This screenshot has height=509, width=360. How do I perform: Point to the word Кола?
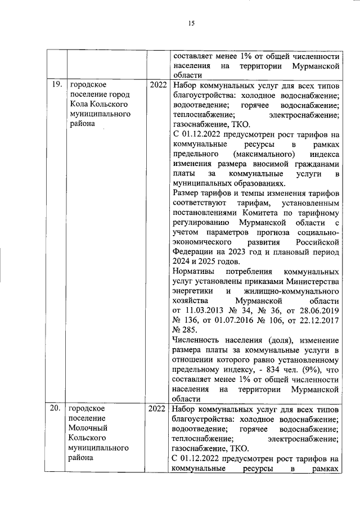[80, 105]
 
